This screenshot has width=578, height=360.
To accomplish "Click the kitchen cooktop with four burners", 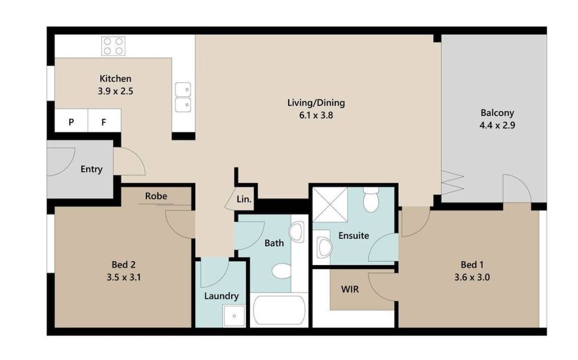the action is pos(113,46).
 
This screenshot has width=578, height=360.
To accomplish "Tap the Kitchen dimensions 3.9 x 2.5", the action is pos(115,91).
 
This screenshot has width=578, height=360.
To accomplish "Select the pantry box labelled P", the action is pos(71,120).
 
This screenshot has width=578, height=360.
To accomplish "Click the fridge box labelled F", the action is pos(104,120).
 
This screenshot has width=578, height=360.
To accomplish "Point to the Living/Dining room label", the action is pos(316,103).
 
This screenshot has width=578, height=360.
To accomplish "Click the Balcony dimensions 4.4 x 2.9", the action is pos(497,125).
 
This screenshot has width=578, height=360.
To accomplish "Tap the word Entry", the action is pos(92,169).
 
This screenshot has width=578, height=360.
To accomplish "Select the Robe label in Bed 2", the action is pos(156,196).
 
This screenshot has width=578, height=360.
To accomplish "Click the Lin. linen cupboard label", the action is pos(244,199).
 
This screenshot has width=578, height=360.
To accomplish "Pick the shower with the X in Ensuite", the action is pos(330,204).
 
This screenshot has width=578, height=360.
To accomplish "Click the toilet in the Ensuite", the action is pos(371,200).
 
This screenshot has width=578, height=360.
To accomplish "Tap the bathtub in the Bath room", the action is pos(279,310).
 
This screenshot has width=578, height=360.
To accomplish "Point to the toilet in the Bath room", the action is pos(281,271).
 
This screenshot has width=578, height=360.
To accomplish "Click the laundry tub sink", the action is pos(234,316).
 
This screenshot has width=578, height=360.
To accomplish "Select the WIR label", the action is pos(350,289).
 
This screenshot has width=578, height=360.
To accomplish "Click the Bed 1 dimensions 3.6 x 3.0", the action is pos(472,277).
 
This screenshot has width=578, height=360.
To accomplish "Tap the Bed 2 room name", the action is pos(123,265).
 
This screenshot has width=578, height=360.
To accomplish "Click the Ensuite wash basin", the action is pos(325,247).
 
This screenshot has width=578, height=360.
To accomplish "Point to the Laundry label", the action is pos(222,296).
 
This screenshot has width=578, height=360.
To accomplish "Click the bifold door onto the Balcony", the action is pos(452,183).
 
